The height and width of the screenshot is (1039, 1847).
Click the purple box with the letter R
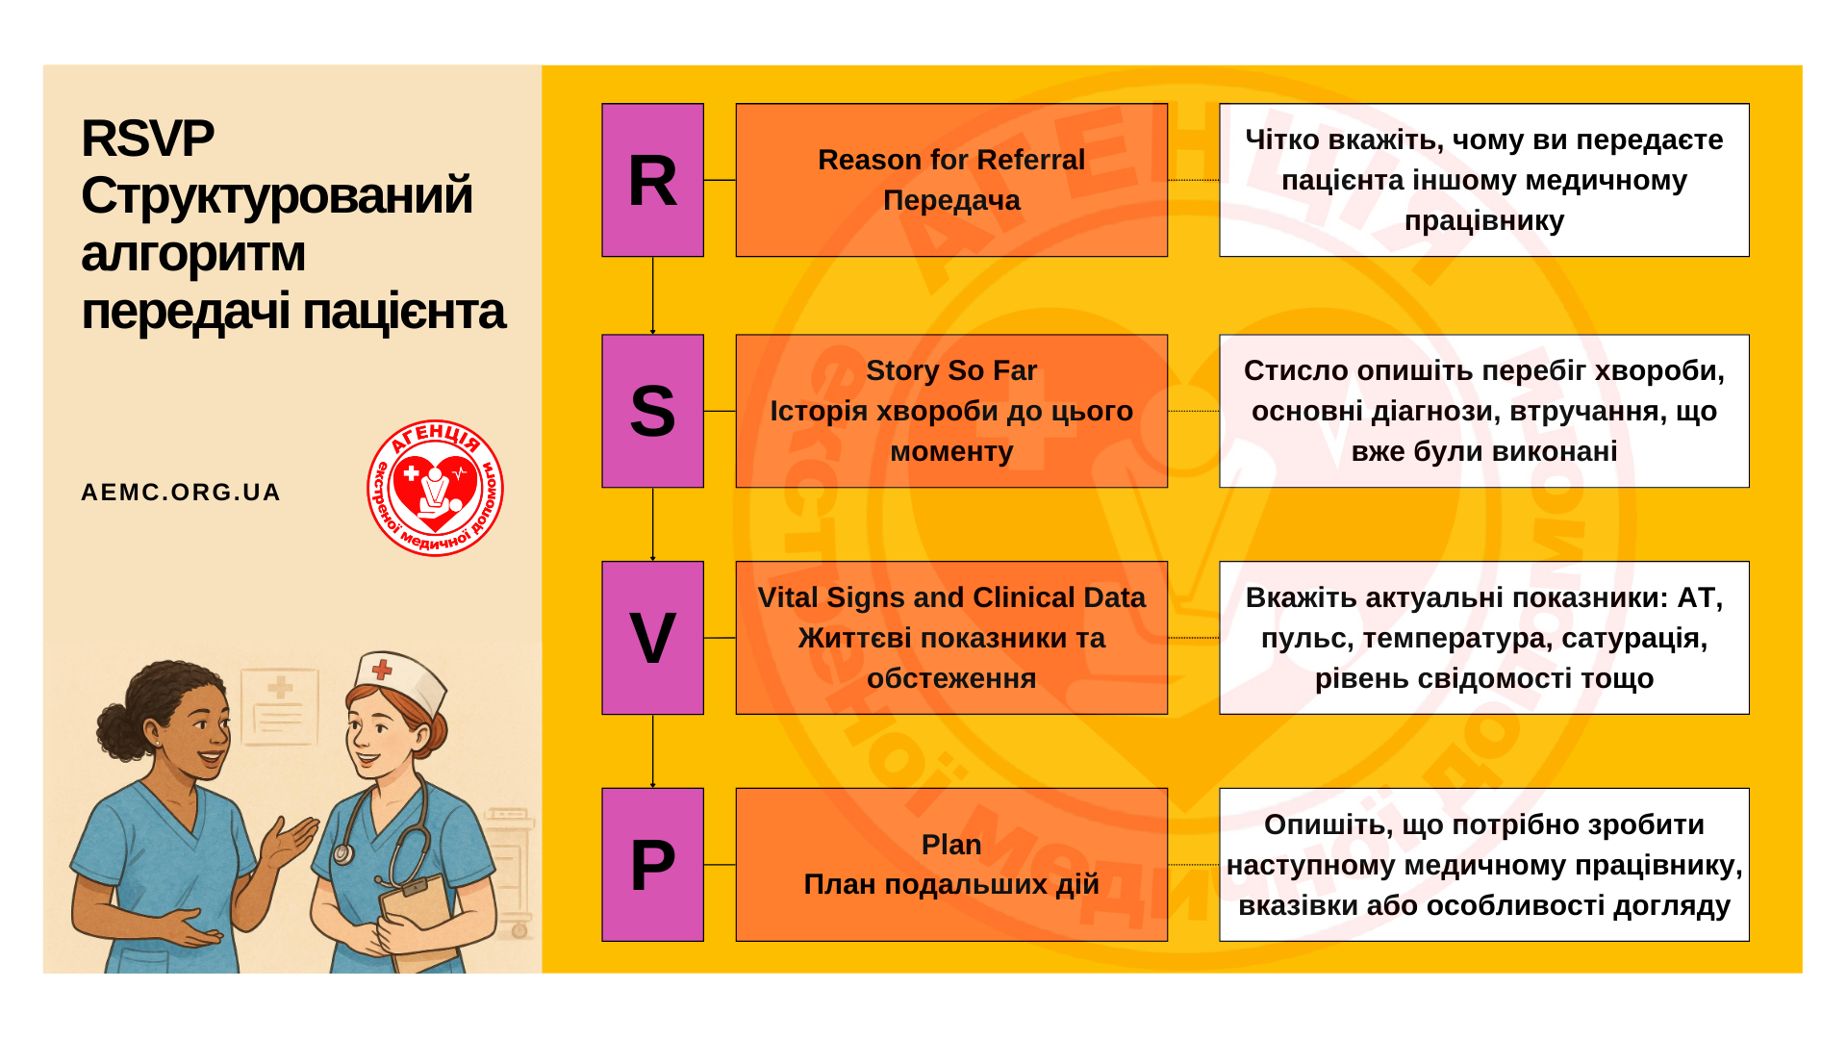pyautogui.click(x=652, y=180)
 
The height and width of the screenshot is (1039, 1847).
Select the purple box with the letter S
pyautogui.click(x=652, y=411)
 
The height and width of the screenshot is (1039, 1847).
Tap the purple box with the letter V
pyautogui.click(x=652, y=638)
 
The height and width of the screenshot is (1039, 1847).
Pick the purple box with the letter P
pyautogui.click(x=652, y=865)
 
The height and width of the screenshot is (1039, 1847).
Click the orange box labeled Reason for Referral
pyautogui.click(x=951, y=180)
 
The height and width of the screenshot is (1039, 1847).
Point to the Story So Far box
pyautogui.click(x=951, y=411)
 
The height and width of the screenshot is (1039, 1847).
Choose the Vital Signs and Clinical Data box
pyautogui.click(x=951, y=638)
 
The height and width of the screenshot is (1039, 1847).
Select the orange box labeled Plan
pyautogui.click(x=951, y=865)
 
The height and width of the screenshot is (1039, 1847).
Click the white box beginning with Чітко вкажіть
pyautogui.click(x=1484, y=180)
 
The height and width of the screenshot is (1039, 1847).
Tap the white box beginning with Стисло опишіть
pyautogui.click(x=1484, y=411)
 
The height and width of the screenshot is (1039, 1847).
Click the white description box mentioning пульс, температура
pyautogui.click(x=1484, y=638)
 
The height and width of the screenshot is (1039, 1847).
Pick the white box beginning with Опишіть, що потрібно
pyautogui.click(x=1484, y=865)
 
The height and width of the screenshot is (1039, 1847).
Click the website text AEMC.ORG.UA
pyautogui.click(x=181, y=493)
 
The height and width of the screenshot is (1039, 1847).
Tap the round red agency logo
pyautogui.click(x=435, y=488)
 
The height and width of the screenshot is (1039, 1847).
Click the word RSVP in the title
pyautogui.click(x=147, y=139)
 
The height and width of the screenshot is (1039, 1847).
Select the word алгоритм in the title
pyautogui.click(x=193, y=254)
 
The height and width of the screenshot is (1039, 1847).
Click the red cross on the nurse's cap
pyautogui.click(x=382, y=669)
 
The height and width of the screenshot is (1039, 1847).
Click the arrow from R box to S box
pyautogui.click(x=653, y=295)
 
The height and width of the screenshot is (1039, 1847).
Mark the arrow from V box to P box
pyautogui.click(x=653, y=751)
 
